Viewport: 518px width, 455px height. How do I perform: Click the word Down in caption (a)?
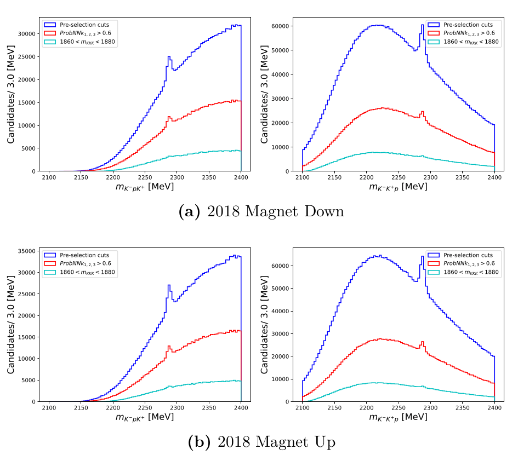[323, 211]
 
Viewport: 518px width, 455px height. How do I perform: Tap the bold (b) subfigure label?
[199, 442]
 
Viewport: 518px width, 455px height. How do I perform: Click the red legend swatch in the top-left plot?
[49, 33]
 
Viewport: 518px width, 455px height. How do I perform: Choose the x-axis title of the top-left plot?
[145, 187]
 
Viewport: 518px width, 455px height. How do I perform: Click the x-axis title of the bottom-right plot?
[398, 418]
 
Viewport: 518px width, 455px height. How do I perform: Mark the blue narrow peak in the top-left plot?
[169, 57]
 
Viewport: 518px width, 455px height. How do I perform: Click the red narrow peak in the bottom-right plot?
[422, 343]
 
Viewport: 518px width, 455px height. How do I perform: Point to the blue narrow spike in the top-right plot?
[423, 25]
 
